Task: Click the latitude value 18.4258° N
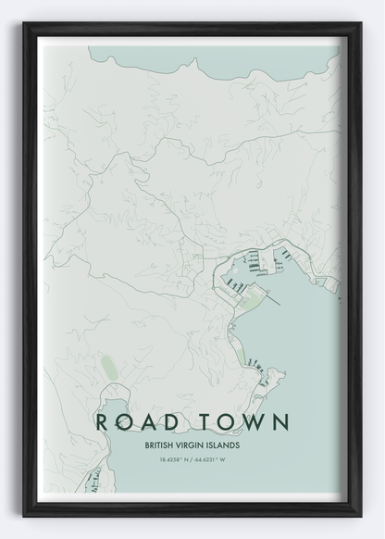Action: pyautogui.click(x=168, y=459)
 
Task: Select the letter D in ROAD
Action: pyautogui.click(x=176, y=422)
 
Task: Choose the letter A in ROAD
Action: pyautogui.click(x=151, y=422)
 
